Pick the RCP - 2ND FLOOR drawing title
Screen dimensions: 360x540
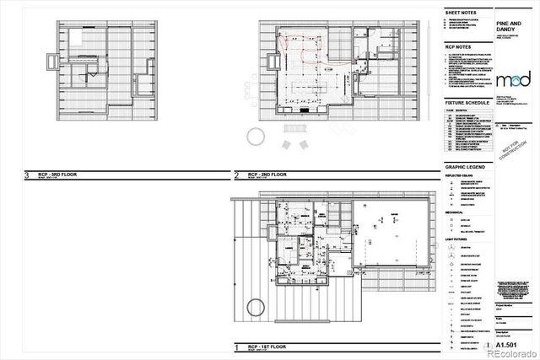(x=263, y=175)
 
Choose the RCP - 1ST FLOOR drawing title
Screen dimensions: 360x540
(x=262, y=347)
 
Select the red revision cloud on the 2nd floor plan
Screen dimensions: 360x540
(x=297, y=47)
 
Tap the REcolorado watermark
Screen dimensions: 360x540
(x=510, y=352)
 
